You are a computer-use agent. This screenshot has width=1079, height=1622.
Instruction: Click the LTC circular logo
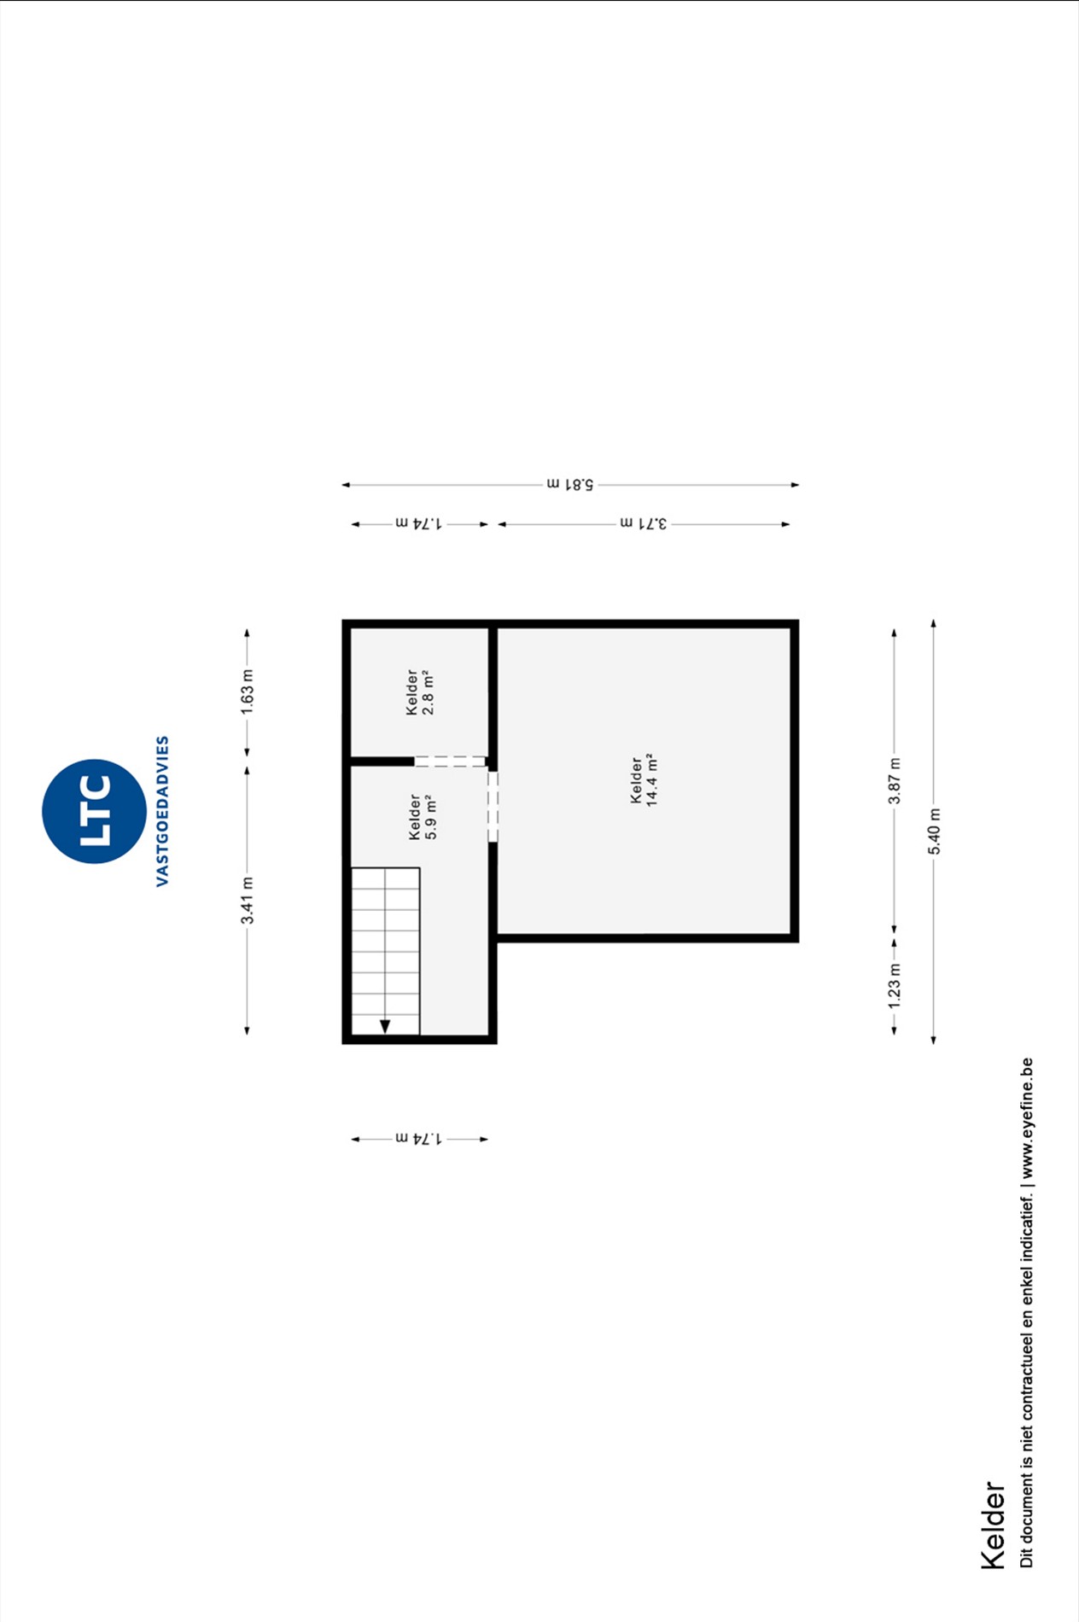(x=94, y=811)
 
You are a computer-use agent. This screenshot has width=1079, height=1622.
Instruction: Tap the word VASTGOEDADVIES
(x=162, y=811)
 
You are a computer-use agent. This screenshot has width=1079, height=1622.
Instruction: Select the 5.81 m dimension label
(x=570, y=484)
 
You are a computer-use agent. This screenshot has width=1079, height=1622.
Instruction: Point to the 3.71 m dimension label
(x=644, y=523)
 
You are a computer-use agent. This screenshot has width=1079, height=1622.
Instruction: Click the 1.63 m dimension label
(x=247, y=692)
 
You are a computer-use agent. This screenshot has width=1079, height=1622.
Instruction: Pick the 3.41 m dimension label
(x=247, y=901)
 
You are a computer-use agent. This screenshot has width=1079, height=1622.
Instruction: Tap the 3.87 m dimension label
(x=894, y=780)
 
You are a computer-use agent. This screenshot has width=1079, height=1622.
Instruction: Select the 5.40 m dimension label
(x=934, y=831)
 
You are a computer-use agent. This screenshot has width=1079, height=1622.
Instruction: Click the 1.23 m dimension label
(x=894, y=986)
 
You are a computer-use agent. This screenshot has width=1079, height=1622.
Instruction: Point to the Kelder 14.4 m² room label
(x=643, y=780)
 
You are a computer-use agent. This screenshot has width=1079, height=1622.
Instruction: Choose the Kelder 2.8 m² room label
(x=419, y=692)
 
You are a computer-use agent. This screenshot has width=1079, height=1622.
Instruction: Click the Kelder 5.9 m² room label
(x=422, y=817)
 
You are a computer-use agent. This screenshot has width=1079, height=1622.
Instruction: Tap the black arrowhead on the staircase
(x=385, y=1026)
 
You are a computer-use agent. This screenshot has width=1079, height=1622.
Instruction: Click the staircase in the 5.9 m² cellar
(x=385, y=951)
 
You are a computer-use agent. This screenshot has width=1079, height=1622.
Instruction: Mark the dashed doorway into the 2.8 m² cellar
(x=450, y=761)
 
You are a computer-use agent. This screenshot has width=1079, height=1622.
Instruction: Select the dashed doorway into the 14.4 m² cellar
(x=493, y=806)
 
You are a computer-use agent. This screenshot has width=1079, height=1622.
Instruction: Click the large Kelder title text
(x=993, y=1525)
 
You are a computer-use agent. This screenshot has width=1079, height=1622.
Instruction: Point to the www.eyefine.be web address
(x=1026, y=1118)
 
